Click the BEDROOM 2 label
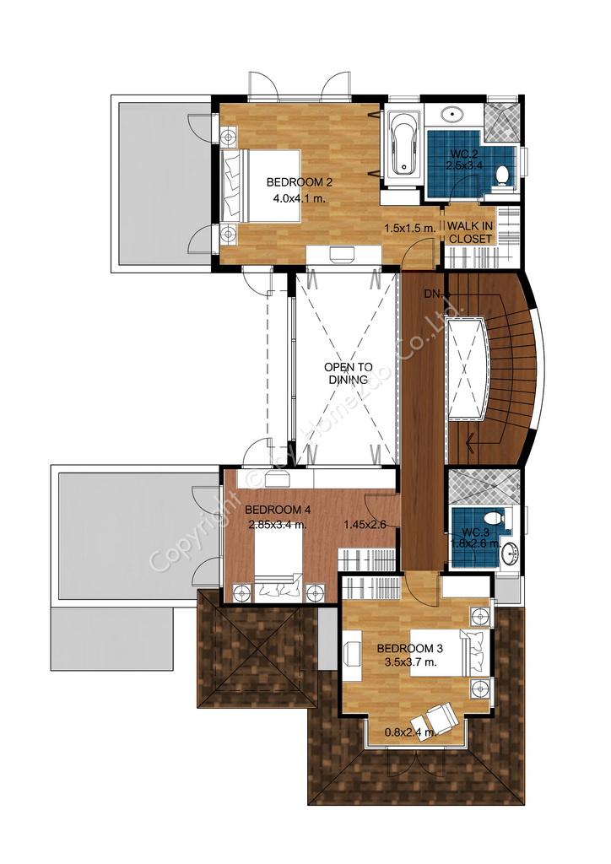(x=300, y=182)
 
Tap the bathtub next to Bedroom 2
(x=403, y=143)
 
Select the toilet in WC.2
(x=502, y=175)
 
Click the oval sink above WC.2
(x=452, y=115)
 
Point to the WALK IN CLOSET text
(x=470, y=233)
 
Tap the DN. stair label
(x=433, y=294)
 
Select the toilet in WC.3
(x=492, y=518)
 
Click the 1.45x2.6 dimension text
(x=365, y=525)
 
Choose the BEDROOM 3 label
(x=410, y=649)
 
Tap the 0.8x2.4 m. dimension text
(x=410, y=732)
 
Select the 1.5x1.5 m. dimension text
(x=410, y=227)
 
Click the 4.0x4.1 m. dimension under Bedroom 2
(x=299, y=198)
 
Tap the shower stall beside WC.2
(x=502, y=121)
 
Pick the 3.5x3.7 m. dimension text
(x=410, y=662)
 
